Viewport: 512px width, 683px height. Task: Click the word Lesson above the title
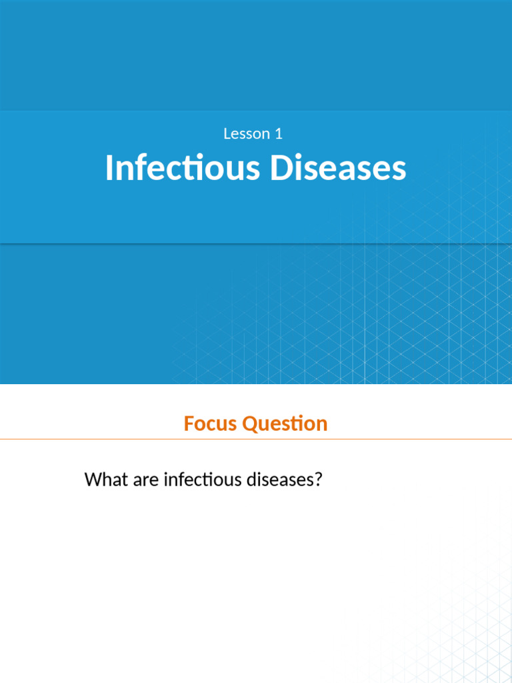click(x=247, y=133)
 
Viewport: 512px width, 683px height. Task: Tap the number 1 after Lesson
click(x=279, y=133)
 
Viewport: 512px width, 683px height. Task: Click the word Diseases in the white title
click(x=338, y=168)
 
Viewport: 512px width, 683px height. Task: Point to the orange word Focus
click(x=211, y=424)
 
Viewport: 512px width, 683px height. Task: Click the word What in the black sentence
click(x=107, y=479)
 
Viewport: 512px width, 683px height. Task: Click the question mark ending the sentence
click(x=318, y=479)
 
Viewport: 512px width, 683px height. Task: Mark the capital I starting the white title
click(x=109, y=168)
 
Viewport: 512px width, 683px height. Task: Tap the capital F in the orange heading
click(x=189, y=424)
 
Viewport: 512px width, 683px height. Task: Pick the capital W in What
click(x=94, y=479)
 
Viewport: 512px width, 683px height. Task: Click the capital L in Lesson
click(x=227, y=133)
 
